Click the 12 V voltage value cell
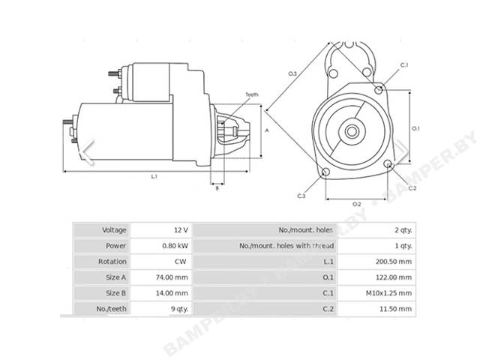(181, 230)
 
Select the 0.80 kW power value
(175, 246)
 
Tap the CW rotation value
(180, 262)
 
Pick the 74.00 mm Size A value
(172, 277)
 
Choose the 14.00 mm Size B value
(172, 293)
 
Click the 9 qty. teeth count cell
(179, 309)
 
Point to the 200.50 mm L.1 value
(394, 262)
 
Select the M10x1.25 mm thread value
(388, 293)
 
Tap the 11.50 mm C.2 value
(395, 309)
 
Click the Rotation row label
(112, 262)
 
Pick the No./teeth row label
(111, 309)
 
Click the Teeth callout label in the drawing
(252, 94)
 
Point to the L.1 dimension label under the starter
(154, 176)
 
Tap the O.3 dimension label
(292, 73)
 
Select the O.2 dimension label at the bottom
(357, 204)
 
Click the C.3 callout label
(301, 196)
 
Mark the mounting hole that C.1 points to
(379, 90)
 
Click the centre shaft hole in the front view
(352, 132)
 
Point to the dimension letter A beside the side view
(267, 130)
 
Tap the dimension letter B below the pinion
(217, 188)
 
